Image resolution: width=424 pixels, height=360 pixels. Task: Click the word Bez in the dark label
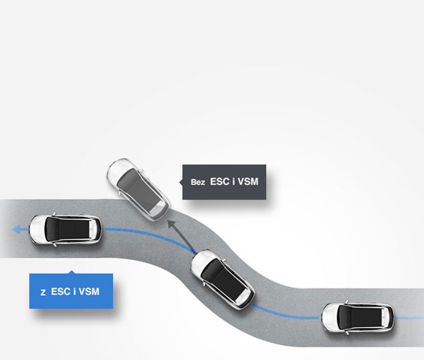(198, 182)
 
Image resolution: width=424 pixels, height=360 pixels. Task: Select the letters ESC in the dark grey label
(220, 182)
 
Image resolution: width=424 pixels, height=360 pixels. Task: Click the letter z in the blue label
(42, 292)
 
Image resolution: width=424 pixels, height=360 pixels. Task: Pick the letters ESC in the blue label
(60, 292)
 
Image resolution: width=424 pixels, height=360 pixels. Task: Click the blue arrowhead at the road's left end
(16, 230)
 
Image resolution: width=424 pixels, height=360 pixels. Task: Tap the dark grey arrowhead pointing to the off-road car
(171, 224)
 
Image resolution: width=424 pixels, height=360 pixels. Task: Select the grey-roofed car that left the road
(138, 189)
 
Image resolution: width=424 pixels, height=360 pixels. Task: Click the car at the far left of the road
(66, 230)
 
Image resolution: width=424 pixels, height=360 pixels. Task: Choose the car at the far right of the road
(358, 318)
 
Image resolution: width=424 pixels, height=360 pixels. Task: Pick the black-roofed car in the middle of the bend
(223, 279)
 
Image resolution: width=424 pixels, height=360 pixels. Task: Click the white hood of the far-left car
(38, 230)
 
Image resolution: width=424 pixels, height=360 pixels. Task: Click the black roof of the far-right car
(362, 318)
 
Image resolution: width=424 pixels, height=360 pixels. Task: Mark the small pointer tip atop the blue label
(71, 271)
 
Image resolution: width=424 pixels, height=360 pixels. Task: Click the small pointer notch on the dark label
(181, 182)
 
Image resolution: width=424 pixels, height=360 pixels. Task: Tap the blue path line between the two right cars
(286, 314)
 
